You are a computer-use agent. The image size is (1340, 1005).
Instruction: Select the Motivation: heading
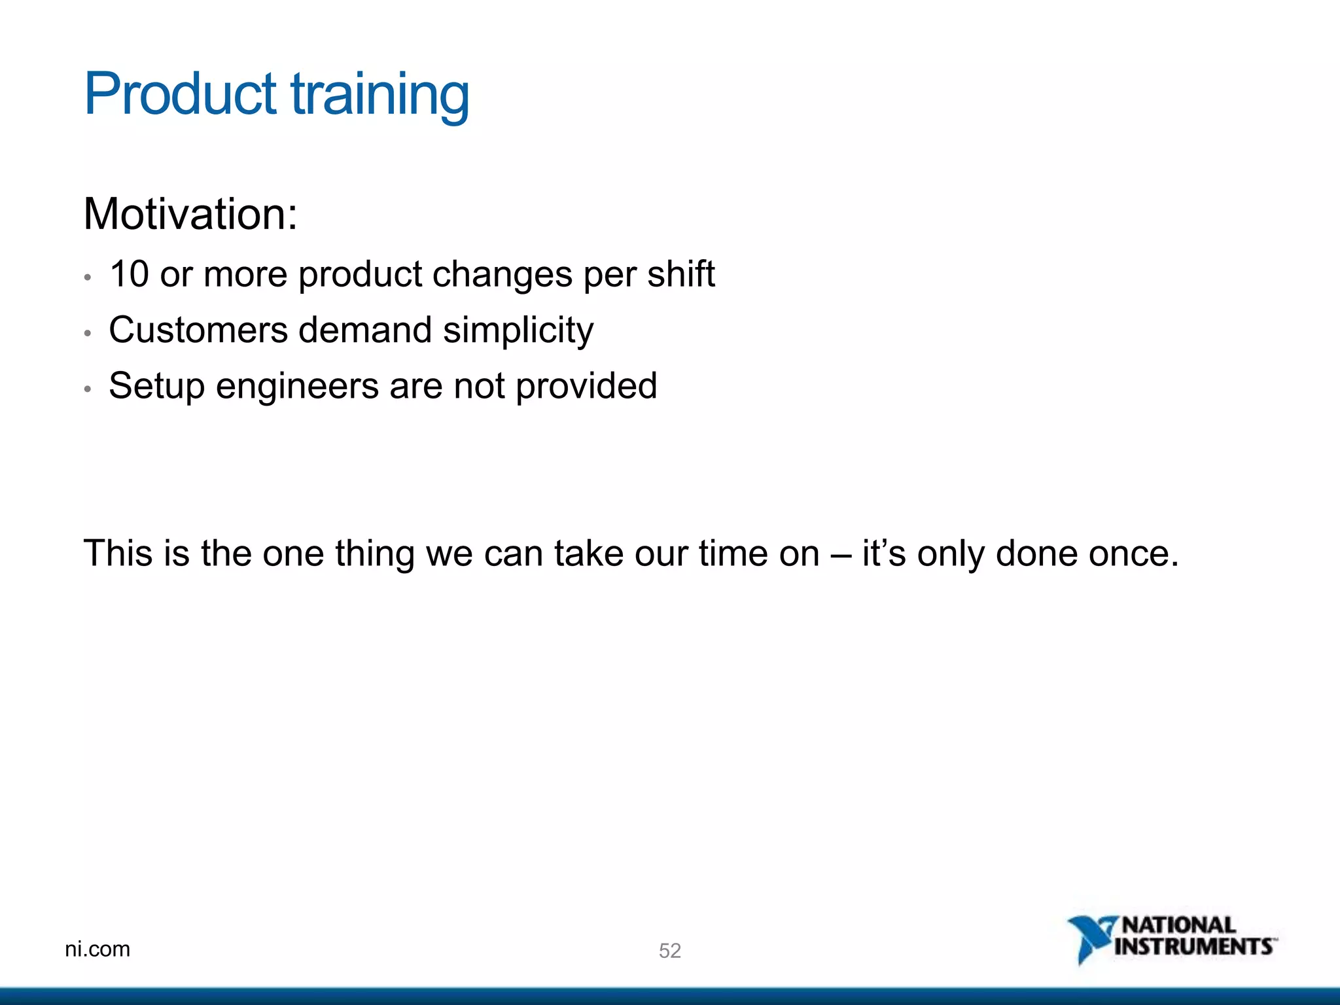(x=190, y=214)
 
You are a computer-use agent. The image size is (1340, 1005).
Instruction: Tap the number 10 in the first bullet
(x=129, y=273)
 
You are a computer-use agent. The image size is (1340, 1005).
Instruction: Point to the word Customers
(x=198, y=329)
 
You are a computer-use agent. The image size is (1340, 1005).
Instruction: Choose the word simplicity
(x=518, y=330)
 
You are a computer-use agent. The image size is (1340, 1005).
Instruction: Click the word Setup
(x=156, y=386)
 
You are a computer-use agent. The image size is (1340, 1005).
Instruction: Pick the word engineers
(x=297, y=386)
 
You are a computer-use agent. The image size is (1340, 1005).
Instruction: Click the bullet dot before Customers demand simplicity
(x=88, y=333)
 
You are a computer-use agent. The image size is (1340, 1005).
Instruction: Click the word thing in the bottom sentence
(x=375, y=554)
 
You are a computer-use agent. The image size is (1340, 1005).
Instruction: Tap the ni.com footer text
(x=97, y=949)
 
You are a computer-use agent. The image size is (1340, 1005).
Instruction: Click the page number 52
(x=669, y=951)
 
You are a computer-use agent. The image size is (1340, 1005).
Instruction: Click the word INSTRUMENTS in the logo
(x=1193, y=947)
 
